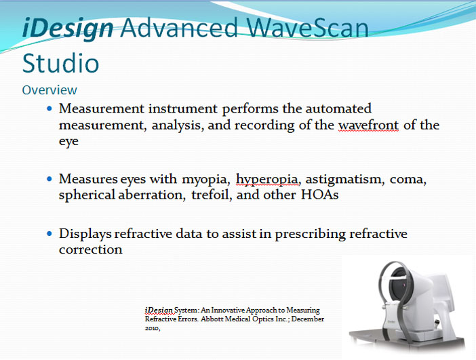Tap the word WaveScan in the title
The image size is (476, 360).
307,27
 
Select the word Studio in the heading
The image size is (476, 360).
61,63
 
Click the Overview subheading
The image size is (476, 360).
49,90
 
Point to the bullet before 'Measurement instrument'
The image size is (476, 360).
49,108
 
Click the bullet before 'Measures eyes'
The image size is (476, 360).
49,179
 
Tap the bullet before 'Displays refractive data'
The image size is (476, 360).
49,234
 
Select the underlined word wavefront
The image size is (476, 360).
368,125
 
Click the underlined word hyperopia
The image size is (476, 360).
267,179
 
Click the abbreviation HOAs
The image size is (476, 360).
319,195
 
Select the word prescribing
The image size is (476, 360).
310,235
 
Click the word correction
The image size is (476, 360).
90,249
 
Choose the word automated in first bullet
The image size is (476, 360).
338,108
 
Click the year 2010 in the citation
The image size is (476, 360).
152,328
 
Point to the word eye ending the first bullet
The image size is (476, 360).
68,142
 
